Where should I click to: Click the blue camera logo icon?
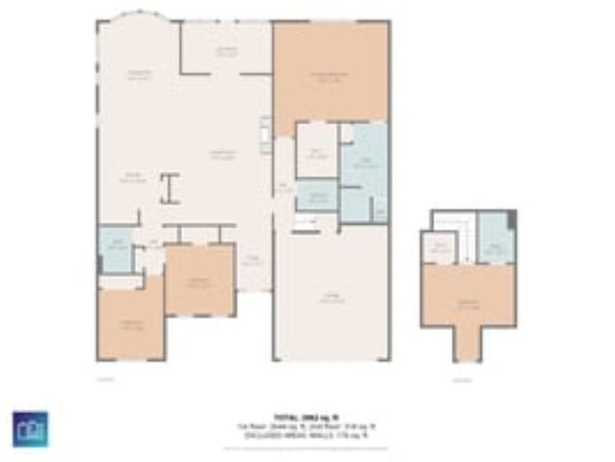click(x=30, y=428)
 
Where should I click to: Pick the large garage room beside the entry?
click(x=332, y=294)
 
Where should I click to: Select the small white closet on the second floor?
click(x=437, y=248)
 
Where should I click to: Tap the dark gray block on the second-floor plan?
click(x=512, y=219)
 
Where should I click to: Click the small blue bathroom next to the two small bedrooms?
click(x=116, y=248)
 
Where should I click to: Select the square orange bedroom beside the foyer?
click(x=200, y=279)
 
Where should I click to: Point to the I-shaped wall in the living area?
click(x=171, y=188)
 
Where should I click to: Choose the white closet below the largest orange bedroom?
click(x=315, y=152)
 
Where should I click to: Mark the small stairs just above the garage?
click(x=305, y=223)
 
